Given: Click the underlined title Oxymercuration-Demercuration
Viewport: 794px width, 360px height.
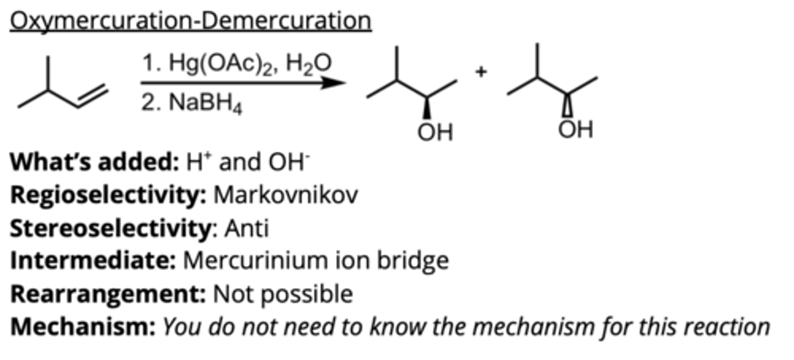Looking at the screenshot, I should (x=190, y=21).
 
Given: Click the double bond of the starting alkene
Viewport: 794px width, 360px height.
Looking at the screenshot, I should (x=90, y=97).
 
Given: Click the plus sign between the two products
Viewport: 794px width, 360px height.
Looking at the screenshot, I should (x=481, y=72).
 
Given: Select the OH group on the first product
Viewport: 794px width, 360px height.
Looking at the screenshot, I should (x=435, y=132).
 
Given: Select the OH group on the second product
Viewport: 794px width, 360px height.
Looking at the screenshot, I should (x=575, y=130).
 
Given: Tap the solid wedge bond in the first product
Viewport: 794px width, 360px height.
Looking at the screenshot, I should (x=426, y=108).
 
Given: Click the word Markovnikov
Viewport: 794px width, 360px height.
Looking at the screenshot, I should (x=286, y=195).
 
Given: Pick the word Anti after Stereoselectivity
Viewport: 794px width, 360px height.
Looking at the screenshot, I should (x=246, y=228).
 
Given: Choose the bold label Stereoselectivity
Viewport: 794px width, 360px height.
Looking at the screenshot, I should (x=110, y=228).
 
